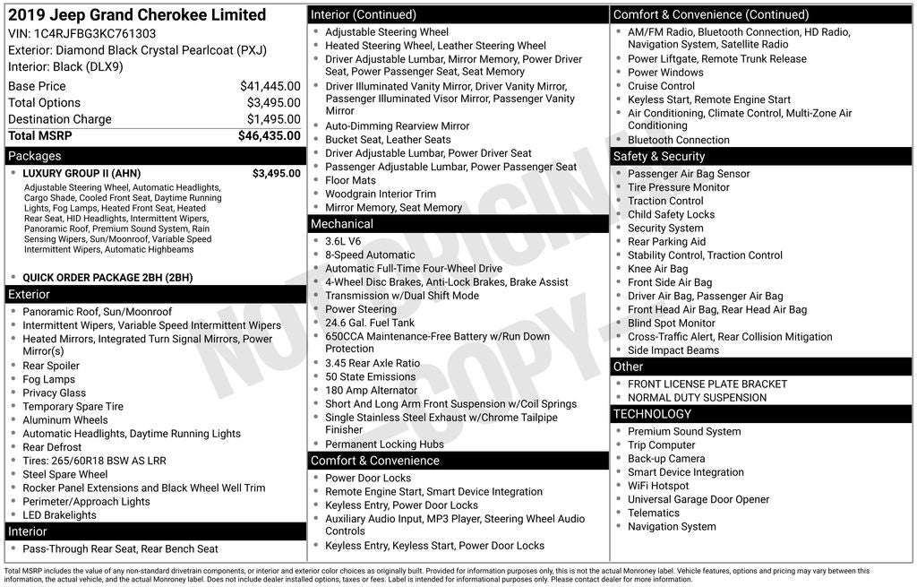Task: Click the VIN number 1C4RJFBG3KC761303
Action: coord(95,34)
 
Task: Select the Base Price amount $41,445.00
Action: coord(270,86)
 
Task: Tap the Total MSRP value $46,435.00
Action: coord(269,135)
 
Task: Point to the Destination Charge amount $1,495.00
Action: coord(273,119)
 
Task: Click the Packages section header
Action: coord(35,156)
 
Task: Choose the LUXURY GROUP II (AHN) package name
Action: coord(81,174)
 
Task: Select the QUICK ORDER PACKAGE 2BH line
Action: coord(107,278)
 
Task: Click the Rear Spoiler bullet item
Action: coord(51,366)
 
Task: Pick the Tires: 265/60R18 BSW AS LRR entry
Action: coord(94,461)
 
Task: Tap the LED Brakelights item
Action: coord(60,515)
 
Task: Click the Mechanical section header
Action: coord(341,224)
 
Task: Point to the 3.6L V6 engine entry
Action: coord(343,241)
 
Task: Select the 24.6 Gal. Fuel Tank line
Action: coord(370,323)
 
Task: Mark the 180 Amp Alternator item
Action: coord(371,391)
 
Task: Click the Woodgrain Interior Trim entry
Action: coord(381,194)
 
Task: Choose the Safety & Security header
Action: coord(659,156)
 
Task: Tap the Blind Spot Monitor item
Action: coord(672,323)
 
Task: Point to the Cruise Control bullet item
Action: coord(661,86)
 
